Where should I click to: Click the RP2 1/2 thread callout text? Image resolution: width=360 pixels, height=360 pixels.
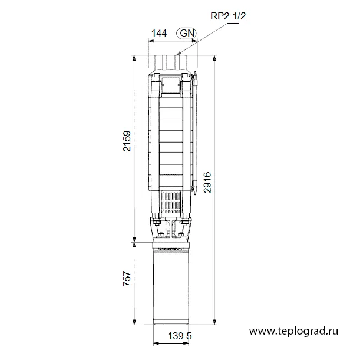click(x=228, y=16)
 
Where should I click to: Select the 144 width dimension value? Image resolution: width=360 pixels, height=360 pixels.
click(x=159, y=34)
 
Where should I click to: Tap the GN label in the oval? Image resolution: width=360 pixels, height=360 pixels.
click(x=187, y=33)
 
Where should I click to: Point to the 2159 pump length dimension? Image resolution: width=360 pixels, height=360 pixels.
click(x=127, y=141)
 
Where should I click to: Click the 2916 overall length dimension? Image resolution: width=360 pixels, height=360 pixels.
click(x=207, y=182)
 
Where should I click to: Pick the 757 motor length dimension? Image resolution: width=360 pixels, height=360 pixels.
click(x=127, y=279)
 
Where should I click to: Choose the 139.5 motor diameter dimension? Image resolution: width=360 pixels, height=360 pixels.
click(x=180, y=336)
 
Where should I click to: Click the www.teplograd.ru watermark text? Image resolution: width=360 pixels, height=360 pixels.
click(x=293, y=331)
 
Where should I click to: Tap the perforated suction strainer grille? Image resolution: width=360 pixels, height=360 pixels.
click(x=171, y=202)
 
